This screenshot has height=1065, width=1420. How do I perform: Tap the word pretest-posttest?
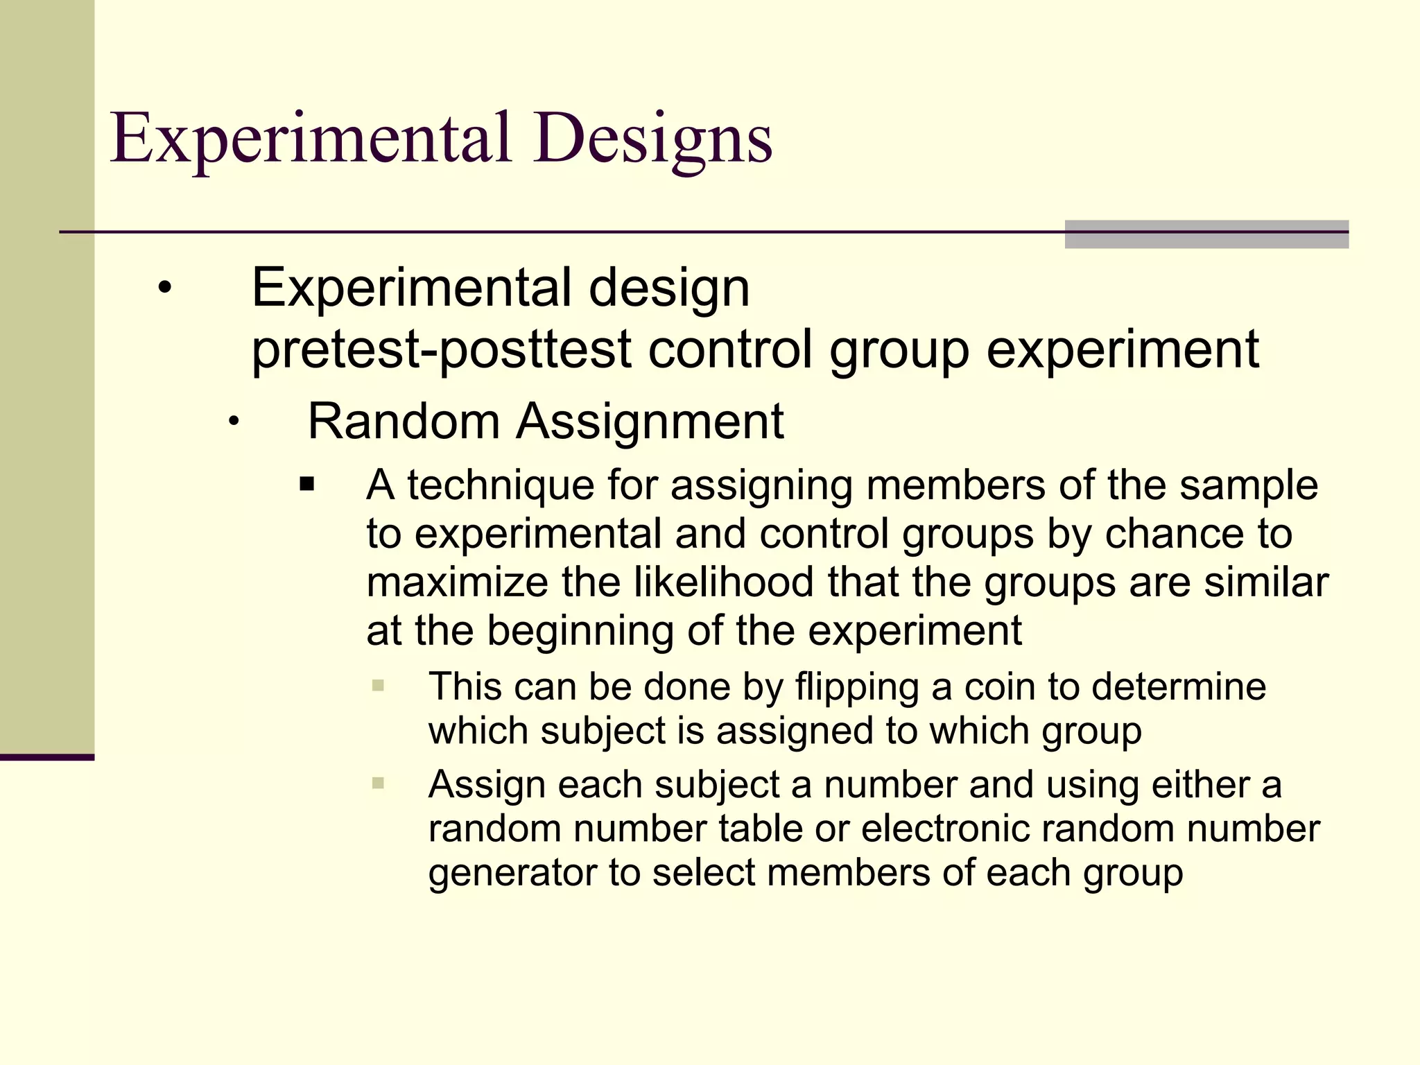tap(441, 349)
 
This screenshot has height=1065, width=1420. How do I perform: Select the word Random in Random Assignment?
tap(404, 422)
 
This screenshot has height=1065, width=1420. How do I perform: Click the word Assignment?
tap(650, 422)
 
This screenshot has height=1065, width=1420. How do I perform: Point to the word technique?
tap(501, 485)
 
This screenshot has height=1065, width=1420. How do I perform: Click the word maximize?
tap(458, 582)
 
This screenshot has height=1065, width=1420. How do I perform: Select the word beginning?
tap(580, 631)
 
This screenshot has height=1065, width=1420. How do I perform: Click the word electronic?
tap(944, 829)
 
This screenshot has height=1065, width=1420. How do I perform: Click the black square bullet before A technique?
tap(307, 484)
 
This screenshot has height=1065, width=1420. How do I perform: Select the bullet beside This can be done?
tap(378, 686)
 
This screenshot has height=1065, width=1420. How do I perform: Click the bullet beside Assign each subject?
tap(378, 783)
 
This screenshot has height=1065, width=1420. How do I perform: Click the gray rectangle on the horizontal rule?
tap(1206, 234)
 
